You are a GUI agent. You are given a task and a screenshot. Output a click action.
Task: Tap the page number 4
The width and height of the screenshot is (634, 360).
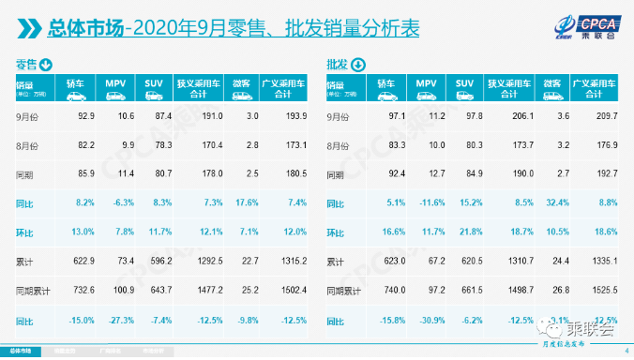click(625, 352)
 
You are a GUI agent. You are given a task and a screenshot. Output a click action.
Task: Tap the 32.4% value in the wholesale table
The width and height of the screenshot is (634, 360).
click(559, 201)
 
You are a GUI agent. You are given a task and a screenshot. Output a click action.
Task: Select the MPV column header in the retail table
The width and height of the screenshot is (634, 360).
click(118, 84)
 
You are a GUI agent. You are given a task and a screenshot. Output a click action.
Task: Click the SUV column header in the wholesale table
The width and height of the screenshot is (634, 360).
click(465, 84)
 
